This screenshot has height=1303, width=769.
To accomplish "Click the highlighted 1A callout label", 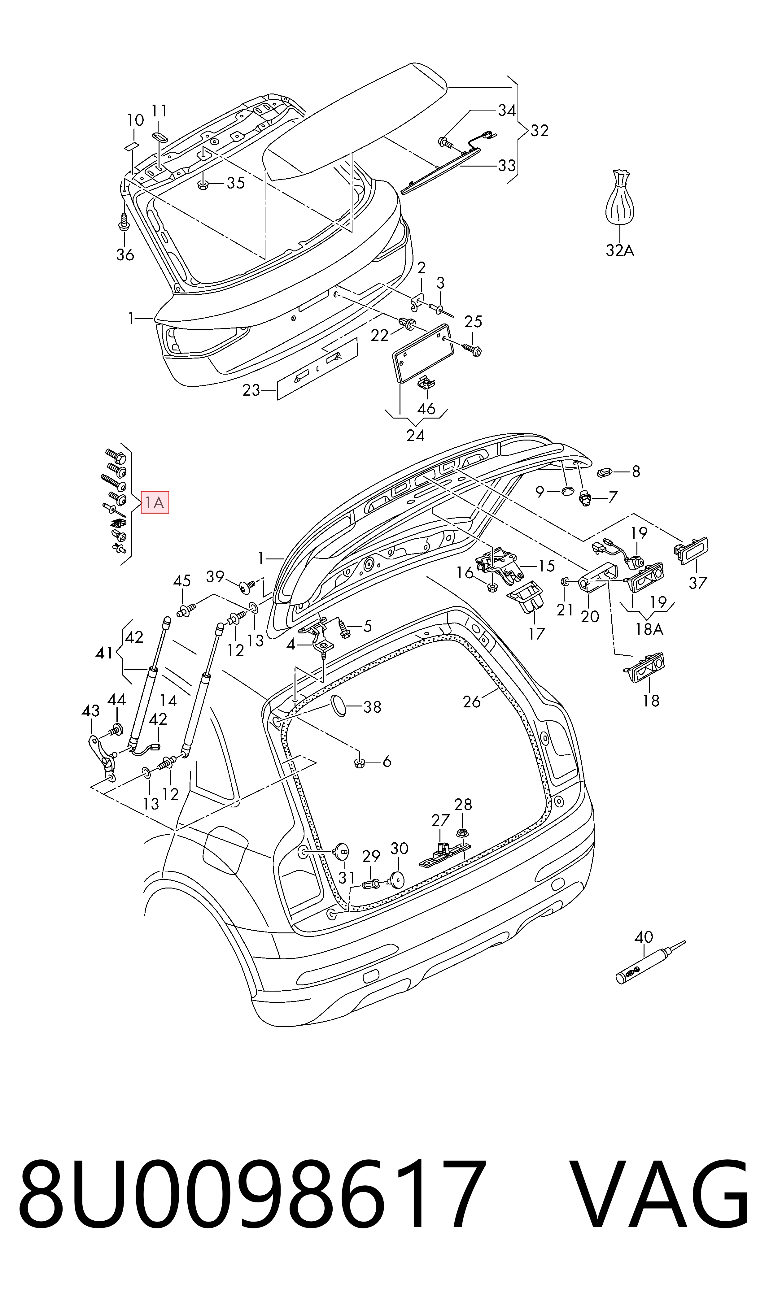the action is (155, 502).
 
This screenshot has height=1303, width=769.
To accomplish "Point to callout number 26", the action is (472, 702).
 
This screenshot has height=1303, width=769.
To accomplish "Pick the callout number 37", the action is (697, 583).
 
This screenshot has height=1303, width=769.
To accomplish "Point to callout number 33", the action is (506, 165).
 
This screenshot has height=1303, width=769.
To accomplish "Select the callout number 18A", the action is (649, 629).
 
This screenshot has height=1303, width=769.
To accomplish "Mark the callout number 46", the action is (426, 409).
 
